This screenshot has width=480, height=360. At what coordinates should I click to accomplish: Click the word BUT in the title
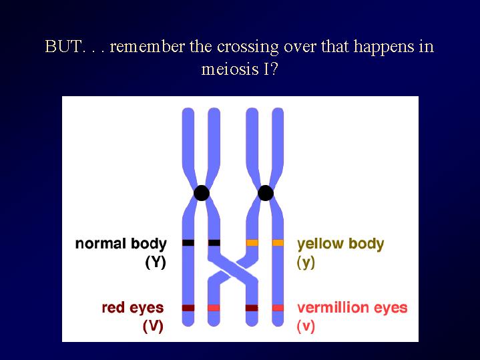(x=63, y=47)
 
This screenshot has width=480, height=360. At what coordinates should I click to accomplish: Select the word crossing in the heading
(x=248, y=47)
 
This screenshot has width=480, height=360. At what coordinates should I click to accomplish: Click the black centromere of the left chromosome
(x=202, y=193)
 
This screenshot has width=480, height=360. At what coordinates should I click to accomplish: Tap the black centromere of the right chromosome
(x=266, y=193)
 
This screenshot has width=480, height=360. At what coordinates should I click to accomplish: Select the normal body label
(x=121, y=244)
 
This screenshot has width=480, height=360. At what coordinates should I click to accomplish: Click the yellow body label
(x=340, y=244)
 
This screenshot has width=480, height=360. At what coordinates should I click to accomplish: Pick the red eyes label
(x=133, y=308)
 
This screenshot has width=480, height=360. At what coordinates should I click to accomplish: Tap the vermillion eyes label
(x=352, y=308)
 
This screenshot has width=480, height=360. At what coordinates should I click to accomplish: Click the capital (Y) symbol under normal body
(x=156, y=262)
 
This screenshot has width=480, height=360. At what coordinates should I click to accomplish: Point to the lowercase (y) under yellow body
(x=306, y=263)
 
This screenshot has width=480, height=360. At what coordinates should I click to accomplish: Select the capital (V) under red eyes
(x=153, y=327)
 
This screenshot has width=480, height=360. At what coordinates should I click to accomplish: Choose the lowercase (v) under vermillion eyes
(x=306, y=327)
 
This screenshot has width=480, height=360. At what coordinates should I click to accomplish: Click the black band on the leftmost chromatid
(x=188, y=243)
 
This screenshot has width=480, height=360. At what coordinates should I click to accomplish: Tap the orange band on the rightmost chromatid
(x=278, y=243)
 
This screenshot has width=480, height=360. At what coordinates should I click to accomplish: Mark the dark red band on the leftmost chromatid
(x=188, y=308)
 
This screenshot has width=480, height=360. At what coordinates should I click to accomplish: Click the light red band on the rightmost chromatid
(x=278, y=308)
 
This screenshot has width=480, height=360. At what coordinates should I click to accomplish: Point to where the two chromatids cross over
(x=233, y=268)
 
